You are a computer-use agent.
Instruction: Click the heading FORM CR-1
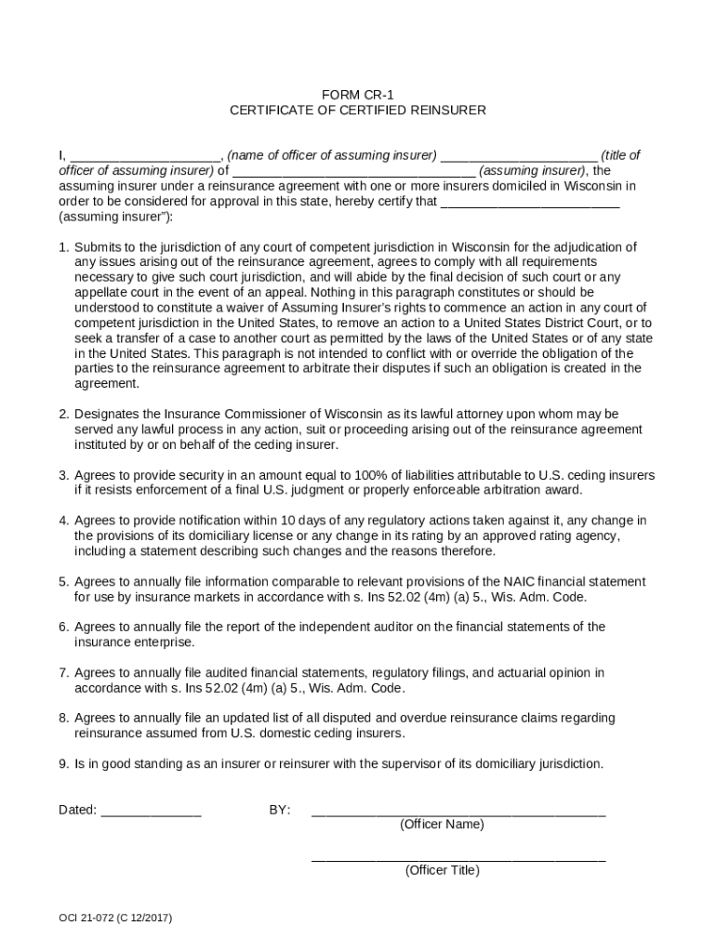357,95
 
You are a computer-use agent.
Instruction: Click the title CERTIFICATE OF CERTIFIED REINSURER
357,110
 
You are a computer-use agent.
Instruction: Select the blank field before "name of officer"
144,156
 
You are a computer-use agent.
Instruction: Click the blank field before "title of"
518,156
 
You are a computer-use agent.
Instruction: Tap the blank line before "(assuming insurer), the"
354,171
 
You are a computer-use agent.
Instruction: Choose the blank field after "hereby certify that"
529,201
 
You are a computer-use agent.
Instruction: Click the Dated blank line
151,811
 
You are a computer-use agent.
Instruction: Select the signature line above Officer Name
458,811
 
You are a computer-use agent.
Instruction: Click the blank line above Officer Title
458,857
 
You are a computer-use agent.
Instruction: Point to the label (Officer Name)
442,825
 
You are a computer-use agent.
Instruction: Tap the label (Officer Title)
442,871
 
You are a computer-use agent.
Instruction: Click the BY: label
280,811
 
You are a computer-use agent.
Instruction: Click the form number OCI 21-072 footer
115,919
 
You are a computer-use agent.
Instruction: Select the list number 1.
62,247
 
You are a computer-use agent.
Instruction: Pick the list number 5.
62,582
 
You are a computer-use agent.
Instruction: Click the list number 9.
62,764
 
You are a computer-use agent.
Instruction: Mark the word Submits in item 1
98,247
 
